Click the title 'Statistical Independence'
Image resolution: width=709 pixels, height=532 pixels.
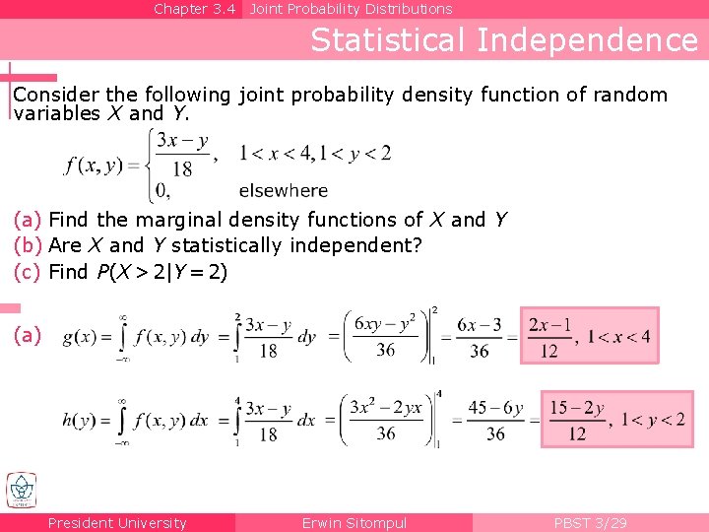tap(504, 40)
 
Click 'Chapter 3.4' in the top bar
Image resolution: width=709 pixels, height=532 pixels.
tap(195, 9)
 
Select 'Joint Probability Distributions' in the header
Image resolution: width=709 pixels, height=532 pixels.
tap(351, 9)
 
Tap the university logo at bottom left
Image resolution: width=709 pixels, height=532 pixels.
tap(21, 491)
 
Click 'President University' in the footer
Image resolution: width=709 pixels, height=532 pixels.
tap(117, 523)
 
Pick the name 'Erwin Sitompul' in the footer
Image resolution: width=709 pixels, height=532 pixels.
tap(354, 523)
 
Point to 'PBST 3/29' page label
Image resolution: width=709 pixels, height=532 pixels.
tap(590, 523)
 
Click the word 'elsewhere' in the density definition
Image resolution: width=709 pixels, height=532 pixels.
tap(283, 190)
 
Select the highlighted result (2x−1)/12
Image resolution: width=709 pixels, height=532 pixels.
tap(549, 336)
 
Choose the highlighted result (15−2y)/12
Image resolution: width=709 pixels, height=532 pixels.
tap(577, 420)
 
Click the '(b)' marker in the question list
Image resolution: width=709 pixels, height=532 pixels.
tap(29, 245)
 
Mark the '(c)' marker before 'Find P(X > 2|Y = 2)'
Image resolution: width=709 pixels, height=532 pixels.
tap(29, 272)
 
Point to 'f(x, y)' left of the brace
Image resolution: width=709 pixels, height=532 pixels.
tap(94, 166)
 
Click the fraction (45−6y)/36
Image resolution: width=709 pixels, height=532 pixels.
tap(494, 421)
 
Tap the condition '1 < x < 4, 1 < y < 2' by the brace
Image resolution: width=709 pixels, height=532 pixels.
tap(315, 153)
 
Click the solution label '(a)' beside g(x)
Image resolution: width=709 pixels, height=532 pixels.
tap(28, 336)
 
